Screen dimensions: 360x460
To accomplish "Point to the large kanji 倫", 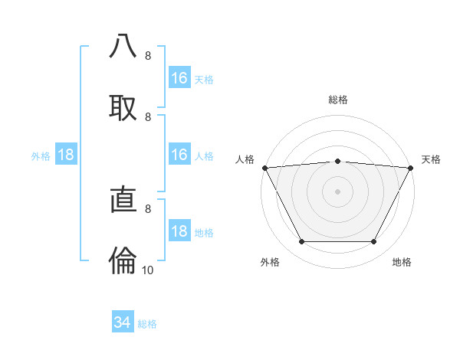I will (123, 261).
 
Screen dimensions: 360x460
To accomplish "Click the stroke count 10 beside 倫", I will (148, 270).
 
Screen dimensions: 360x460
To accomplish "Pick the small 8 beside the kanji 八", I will (148, 56).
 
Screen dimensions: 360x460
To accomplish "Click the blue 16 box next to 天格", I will (179, 78).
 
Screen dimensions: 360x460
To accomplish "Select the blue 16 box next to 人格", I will (179, 155).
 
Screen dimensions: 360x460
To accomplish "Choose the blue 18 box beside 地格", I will (179, 232).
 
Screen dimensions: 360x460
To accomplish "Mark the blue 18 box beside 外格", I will (66, 155).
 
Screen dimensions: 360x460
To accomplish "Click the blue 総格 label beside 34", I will (147, 324).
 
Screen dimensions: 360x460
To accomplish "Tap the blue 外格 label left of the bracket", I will (41, 156).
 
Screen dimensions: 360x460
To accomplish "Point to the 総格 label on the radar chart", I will (338, 100).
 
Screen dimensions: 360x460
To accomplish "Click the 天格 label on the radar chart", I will (431, 159).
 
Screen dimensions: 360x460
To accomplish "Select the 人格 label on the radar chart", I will (245, 159).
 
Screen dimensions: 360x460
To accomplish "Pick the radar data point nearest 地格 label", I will (374, 242).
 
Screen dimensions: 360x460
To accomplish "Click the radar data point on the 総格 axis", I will (338, 161).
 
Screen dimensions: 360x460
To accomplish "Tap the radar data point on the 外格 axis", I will (301, 242).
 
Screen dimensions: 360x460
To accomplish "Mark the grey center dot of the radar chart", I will (338, 191).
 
